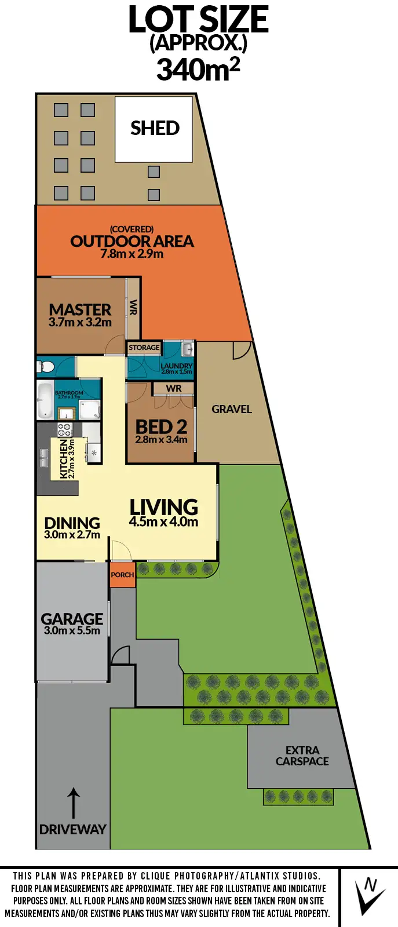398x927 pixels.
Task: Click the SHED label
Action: (155, 128)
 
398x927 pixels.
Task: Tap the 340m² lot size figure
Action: (198, 70)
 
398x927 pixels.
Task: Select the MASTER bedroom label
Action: (80, 310)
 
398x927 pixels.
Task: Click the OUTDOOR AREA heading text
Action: (132, 241)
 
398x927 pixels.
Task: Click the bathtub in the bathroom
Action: (45, 399)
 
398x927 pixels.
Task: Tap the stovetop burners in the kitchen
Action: (64, 430)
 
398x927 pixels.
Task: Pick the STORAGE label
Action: (144, 348)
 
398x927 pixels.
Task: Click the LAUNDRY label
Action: (176, 366)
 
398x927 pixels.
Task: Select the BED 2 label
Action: (161, 427)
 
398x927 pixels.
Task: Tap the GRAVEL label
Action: (232, 409)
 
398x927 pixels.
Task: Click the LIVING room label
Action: (163, 508)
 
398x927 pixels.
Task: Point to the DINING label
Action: (72, 523)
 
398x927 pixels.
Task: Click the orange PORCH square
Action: (122, 575)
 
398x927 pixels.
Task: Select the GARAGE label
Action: (72, 619)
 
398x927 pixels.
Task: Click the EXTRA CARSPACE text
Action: (302, 756)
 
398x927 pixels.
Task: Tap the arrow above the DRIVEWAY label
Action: (73, 802)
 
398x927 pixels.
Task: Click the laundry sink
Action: (187, 349)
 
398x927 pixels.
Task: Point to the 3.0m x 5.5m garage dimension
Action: (72, 631)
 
